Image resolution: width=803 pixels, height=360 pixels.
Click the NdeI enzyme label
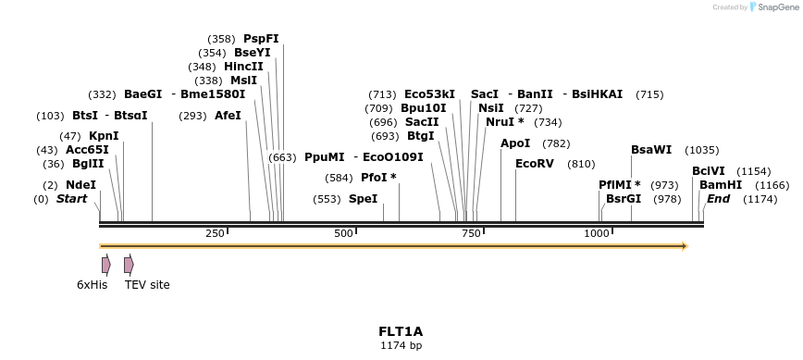(x=80, y=185)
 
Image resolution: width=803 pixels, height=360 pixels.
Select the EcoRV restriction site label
(x=534, y=164)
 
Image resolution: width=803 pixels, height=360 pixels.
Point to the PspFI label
(x=261, y=39)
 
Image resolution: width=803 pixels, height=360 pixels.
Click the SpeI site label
(x=363, y=199)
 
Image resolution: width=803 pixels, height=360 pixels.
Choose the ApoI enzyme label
(x=515, y=143)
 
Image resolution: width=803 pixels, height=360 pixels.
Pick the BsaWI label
(x=651, y=150)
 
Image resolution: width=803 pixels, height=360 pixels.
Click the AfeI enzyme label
(x=228, y=116)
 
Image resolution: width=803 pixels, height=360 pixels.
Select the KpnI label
(x=104, y=136)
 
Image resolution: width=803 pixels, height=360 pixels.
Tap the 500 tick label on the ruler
(x=343, y=233)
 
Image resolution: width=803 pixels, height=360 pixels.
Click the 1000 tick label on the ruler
(x=597, y=233)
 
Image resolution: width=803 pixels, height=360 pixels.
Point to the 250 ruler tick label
(x=216, y=233)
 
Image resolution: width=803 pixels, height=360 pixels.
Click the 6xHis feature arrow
(x=106, y=265)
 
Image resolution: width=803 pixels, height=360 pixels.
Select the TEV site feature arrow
(x=129, y=265)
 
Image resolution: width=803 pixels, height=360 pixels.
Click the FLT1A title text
(x=401, y=331)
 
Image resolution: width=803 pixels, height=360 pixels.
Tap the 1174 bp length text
(x=401, y=345)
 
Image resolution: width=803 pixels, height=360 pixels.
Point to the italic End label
(x=718, y=199)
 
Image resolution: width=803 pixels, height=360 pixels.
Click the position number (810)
(x=581, y=164)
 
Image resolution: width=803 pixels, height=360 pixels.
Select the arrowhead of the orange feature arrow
(x=685, y=246)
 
